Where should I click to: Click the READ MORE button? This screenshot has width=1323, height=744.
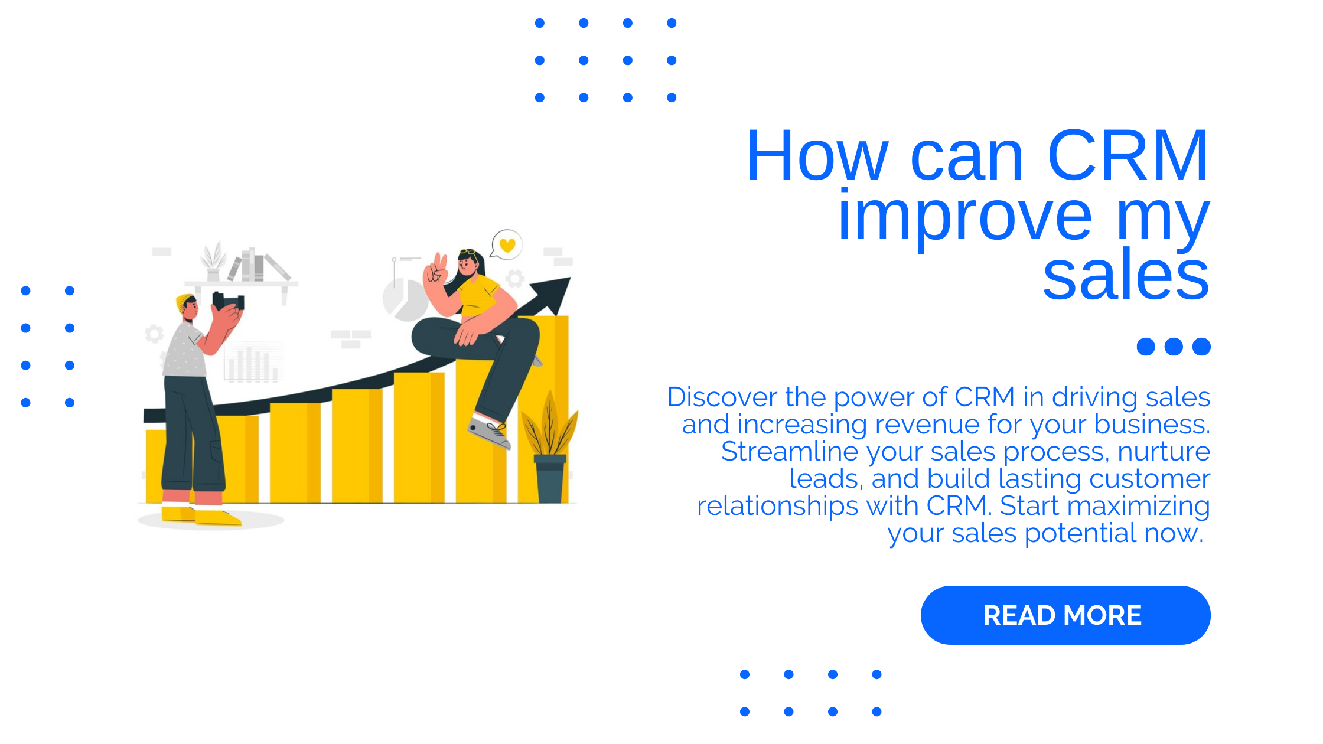click(x=1065, y=615)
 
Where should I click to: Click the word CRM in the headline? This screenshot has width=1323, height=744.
click(x=1127, y=156)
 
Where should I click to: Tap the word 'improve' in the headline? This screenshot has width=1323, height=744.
click(x=964, y=217)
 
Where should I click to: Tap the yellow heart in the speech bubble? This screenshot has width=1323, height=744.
click(x=507, y=244)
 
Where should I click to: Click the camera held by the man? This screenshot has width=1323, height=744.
click(x=228, y=302)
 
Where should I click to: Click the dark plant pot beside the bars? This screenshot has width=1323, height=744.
click(x=550, y=479)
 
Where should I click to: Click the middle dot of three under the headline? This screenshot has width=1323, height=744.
click(x=1173, y=347)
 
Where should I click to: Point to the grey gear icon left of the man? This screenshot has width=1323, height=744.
click(x=154, y=334)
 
